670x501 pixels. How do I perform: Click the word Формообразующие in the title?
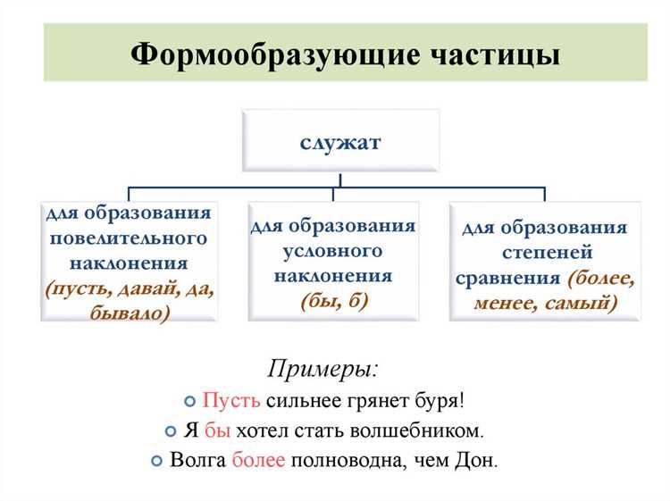point(275,55)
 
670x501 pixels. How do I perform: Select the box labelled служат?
point(340,140)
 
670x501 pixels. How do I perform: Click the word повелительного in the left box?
point(129,238)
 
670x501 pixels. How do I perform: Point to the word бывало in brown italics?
point(128,313)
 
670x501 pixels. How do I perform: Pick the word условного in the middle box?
point(332,251)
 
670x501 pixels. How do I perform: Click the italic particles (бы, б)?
point(334,301)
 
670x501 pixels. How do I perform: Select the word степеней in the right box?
point(548,253)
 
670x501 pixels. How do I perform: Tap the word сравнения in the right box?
point(507,279)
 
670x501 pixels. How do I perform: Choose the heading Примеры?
point(323,369)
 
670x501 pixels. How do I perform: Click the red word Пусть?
point(231,400)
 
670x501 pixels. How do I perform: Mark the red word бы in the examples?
point(217,430)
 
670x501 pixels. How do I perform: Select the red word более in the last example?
point(258,460)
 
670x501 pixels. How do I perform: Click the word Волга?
point(197,460)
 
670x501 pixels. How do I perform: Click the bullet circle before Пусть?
point(189,401)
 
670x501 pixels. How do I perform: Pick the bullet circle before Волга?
point(157,461)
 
